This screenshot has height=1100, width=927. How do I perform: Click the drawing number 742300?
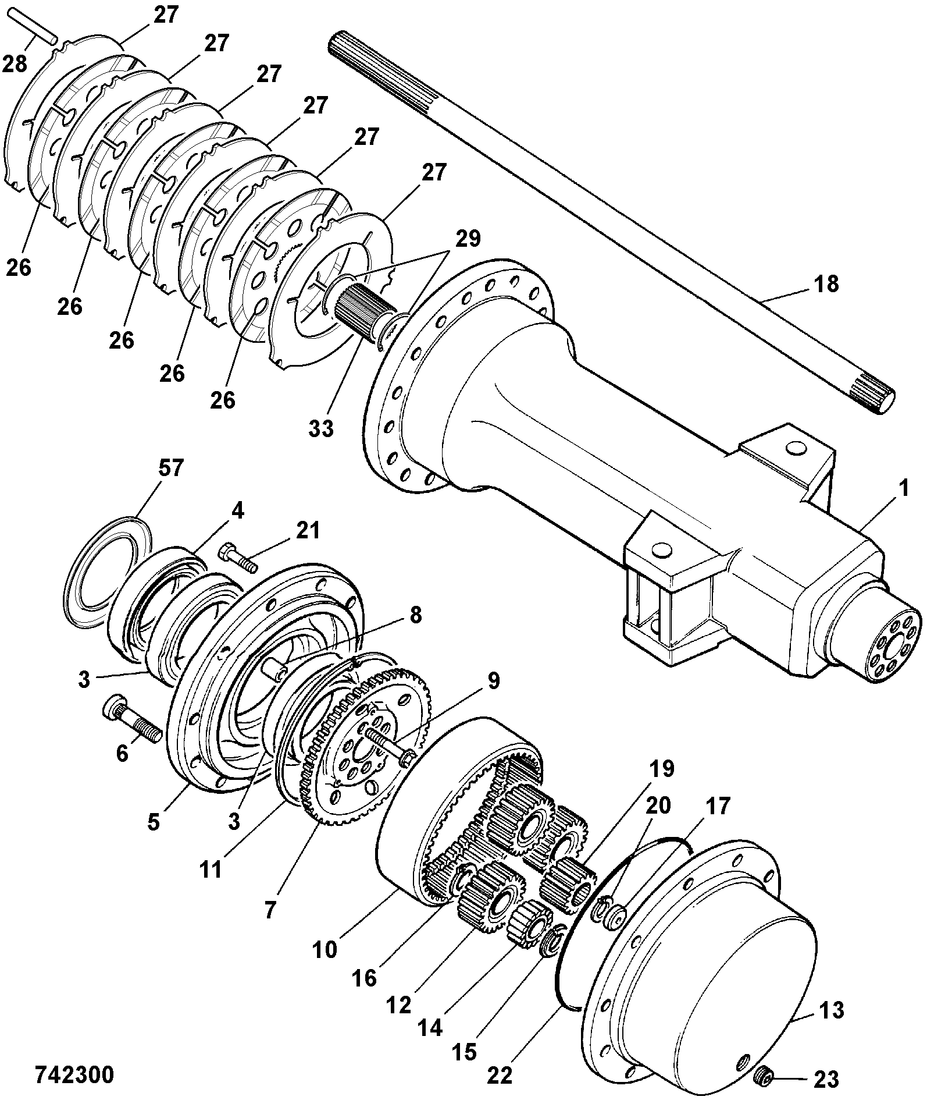pos(74,1074)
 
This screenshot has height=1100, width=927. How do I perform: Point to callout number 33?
pos(321,428)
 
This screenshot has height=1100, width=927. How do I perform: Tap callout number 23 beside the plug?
pos(826,1080)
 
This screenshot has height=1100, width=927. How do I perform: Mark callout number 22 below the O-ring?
pos(500,1075)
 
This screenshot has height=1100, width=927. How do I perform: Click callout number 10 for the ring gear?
pos(325,949)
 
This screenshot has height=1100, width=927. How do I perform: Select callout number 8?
pos(415,615)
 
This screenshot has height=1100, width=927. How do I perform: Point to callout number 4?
pos(237,510)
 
